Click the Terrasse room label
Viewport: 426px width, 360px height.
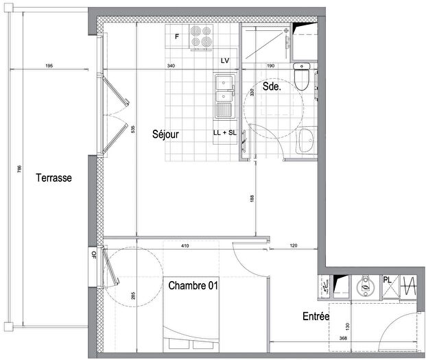(x=55, y=177)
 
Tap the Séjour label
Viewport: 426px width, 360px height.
(x=165, y=135)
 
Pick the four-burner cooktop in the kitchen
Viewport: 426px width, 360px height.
(x=200, y=38)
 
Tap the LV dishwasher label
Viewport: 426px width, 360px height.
(x=224, y=61)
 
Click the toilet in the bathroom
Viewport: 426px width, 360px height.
(x=301, y=77)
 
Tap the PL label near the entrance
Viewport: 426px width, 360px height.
(x=388, y=278)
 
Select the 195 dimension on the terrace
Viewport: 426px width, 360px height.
(x=49, y=66)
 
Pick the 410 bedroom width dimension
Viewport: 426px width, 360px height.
(x=185, y=245)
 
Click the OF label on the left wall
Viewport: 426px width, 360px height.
(x=94, y=255)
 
